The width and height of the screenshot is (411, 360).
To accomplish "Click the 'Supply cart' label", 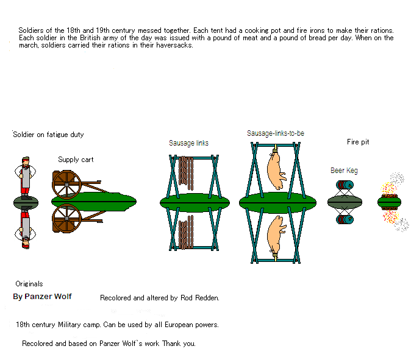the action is pos(76,160).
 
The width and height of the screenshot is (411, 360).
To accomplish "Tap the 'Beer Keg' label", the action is pos(344,171).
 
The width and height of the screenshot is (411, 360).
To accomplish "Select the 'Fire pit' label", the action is pos(358,142).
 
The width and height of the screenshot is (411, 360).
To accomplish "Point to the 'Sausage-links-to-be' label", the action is pos(276,133).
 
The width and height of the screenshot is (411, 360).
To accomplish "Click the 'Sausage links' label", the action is pos(188,143).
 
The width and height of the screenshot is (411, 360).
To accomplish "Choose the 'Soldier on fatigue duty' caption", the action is pos(48,135).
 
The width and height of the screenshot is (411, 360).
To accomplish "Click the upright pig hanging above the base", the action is pos(276,171).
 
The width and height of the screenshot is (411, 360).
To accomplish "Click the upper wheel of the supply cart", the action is pos(66,185).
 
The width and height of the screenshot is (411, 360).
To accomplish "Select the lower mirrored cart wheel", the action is pos(66,219).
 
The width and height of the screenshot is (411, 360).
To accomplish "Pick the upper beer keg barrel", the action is pos(345,185).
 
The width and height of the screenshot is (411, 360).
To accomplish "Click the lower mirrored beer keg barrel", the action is pos(345,219).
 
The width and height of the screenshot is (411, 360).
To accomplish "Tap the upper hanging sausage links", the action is pos(186,172).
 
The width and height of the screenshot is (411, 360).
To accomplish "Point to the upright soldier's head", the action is pos(26,161).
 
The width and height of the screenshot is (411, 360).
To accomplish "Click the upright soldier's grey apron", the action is pos(26,177).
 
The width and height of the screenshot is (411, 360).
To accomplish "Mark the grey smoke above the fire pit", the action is pos(397,178).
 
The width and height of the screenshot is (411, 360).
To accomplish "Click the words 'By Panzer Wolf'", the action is pos(42,297).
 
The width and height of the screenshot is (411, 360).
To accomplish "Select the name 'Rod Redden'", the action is pos(200,298).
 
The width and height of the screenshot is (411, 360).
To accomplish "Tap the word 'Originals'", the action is pos(29,284).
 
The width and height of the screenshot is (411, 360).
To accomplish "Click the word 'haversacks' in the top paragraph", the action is pos(174,45).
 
